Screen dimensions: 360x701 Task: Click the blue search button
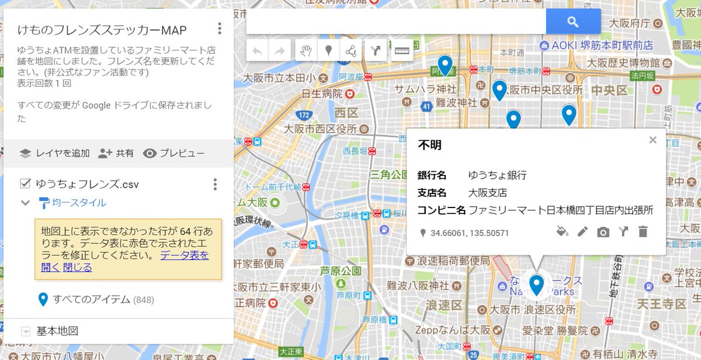[x=573, y=22]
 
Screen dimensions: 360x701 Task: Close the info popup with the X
[x=653, y=140]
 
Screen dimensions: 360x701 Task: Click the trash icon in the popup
[x=643, y=232]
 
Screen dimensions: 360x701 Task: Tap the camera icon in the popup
[x=603, y=232]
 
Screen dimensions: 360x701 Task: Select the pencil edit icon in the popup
[x=582, y=232]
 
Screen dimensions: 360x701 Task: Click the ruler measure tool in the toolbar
[x=401, y=51]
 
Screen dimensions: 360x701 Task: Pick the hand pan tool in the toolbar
[x=305, y=51]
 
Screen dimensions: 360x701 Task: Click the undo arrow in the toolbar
[x=258, y=51]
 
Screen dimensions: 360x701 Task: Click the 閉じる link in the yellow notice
[x=78, y=268]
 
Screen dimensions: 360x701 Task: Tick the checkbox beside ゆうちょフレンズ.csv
[x=25, y=184]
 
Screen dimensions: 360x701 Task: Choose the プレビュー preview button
[x=174, y=154]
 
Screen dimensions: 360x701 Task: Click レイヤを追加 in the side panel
[x=55, y=154]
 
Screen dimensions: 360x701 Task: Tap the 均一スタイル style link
[x=72, y=203]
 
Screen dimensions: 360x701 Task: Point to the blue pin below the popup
[x=536, y=285]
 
